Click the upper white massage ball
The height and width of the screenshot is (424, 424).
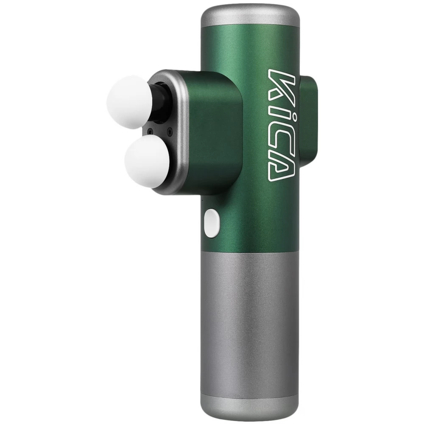pos(129,102)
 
